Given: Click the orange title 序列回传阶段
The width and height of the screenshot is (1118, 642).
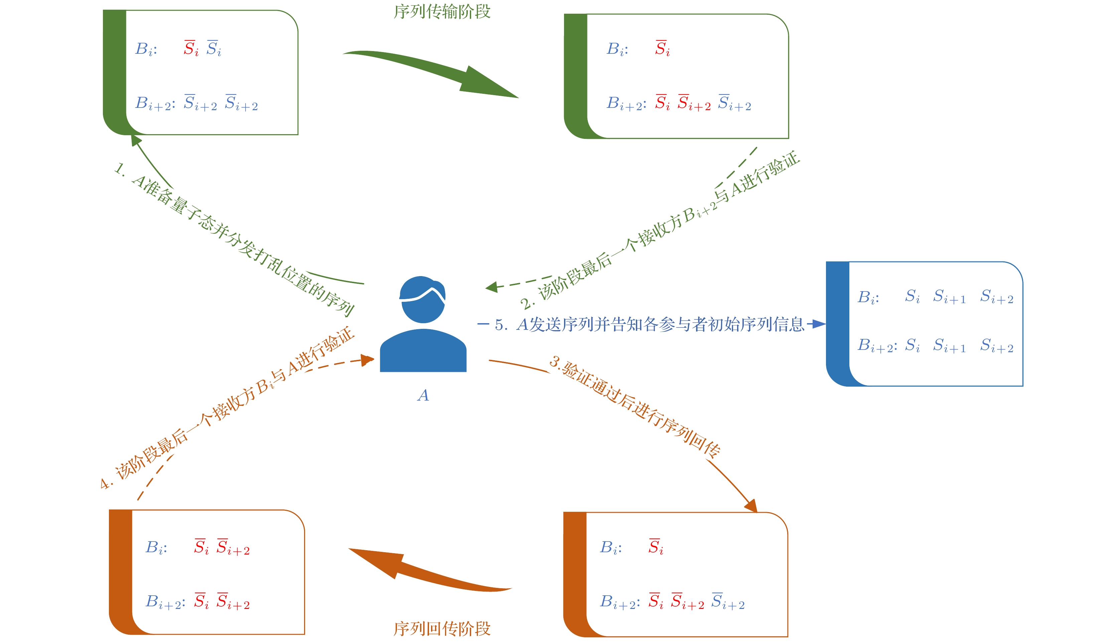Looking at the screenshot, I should tap(442, 628).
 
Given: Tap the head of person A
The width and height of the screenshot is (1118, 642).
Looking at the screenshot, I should tap(422, 299).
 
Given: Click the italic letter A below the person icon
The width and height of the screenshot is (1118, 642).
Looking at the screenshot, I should tap(423, 395).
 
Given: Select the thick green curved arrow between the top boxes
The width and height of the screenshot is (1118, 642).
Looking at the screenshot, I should tap(432, 73).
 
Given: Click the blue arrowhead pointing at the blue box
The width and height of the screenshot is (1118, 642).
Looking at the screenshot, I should tap(818, 324).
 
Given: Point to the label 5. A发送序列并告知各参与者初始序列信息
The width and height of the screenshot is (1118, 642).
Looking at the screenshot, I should tap(649, 325).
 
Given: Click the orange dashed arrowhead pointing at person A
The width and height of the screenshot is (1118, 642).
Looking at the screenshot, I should tap(367, 360).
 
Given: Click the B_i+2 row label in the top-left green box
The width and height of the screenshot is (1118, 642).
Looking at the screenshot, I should tap(155, 103).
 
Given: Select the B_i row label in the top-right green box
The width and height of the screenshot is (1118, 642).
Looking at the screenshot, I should tap(617, 49).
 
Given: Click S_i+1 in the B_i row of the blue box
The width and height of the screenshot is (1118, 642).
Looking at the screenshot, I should tap(949, 297).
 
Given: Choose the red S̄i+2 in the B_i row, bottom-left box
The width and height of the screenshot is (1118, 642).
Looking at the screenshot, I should tap(233, 548).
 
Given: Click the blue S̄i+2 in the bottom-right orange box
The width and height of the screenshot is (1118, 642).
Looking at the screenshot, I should tap(727, 602).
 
